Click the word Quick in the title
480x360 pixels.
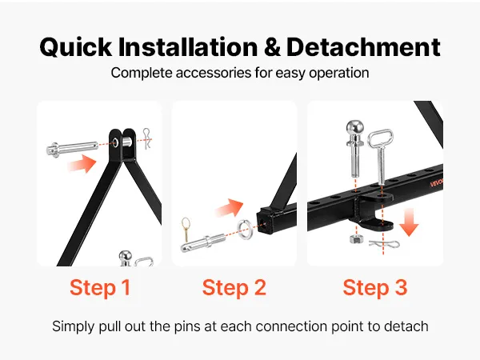pyautogui.click(x=76, y=47)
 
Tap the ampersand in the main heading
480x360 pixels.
pyautogui.click(x=272, y=46)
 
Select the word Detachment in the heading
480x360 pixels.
pyautogui.click(x=363, y=47)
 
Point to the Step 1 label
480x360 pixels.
pyautogui.click(x=100, y=287)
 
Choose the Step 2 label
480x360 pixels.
pyautogui.click(x=234, y=287)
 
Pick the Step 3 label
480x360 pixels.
pyautogui.click(x=375, y=287)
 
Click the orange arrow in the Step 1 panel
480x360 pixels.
pyautogui.click(x=82, y=163)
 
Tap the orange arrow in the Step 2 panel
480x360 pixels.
pyautogui.click(x=229, y=208)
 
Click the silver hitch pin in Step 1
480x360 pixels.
pyautogui.click(x=72, y=149)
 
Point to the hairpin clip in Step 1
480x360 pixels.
pyautogui.click(x=147, y=139)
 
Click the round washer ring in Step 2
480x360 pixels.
pyautogui.click(x=245, y=229)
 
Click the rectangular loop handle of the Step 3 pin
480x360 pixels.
pyautogui.click(x=380, y=138)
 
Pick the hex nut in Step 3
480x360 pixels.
pyautogui.click(x=356, y=238)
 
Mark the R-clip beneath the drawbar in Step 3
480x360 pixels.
pyautogui.click(x=384, y=244)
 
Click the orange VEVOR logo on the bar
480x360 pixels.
pyautogui.click(x=437, y=182)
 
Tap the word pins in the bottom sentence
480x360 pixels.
pyautogui.click(x=188, y=326)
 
